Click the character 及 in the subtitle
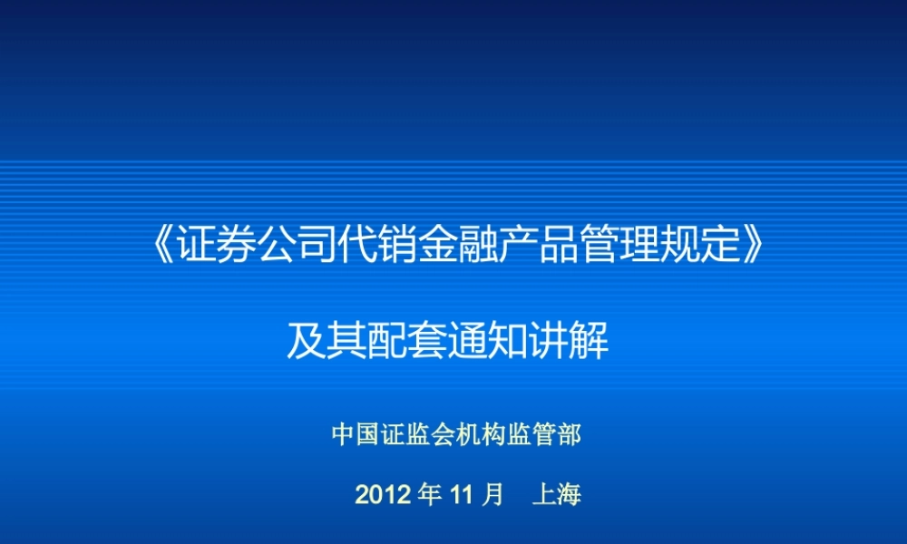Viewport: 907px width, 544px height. [307, 343]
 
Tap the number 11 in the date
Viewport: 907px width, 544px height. [463, 495]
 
